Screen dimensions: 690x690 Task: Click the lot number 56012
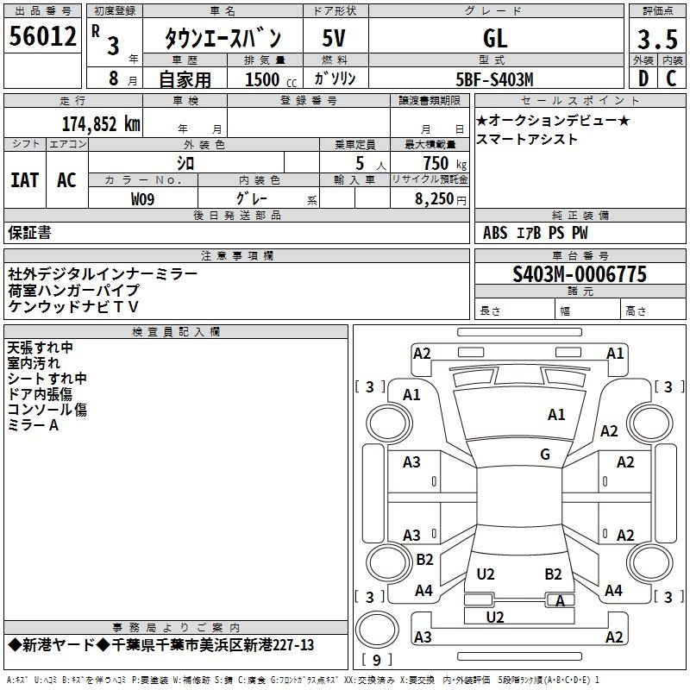(x=43, y=37)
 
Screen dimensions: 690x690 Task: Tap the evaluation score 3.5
(x=655, y=39)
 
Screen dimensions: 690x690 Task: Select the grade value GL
(x=495, y=38)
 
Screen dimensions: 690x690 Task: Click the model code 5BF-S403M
(x=495, y=79)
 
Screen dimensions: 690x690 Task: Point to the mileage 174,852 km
(x=101, y=123)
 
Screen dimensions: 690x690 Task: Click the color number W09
(x=143, y=199)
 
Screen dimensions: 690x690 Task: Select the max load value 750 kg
(x=442, y=163)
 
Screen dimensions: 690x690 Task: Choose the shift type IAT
(x=24, y=179)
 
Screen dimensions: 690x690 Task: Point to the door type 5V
(x=336, y=38)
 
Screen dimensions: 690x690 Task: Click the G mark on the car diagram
(x=545, y=455)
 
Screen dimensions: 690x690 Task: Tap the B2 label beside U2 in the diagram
(x=553, y=574)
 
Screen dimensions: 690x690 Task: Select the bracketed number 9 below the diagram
(x=377, y=660)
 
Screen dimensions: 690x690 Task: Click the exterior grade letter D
(x=643, y=79)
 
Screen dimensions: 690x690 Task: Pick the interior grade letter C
(x=672, y=79)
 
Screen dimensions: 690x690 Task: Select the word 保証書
(x=29, y=232)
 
